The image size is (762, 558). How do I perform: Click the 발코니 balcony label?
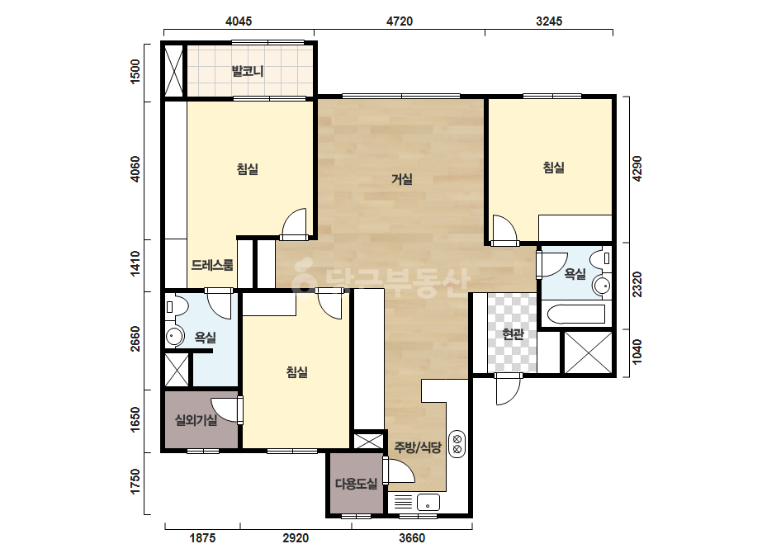[x=248, y=72]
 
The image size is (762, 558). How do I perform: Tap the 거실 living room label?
[x=402, y=179]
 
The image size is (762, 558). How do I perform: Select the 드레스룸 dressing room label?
[x=212, y=265]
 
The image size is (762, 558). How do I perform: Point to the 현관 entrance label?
[x=514, y=334]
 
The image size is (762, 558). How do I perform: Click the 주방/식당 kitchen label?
[x=418, y=447]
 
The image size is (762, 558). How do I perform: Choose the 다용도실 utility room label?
[x=356, y=484]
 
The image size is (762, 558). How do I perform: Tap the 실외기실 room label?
[x=196, y=420]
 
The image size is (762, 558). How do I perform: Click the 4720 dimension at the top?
[x=400, y=21]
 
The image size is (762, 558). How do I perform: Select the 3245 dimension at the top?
[x=549, y=21]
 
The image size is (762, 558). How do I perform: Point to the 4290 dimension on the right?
[x=637, y=168]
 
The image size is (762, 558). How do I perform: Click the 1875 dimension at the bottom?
[x=202, y=538]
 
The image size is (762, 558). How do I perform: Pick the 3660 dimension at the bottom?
[x=412, y=538]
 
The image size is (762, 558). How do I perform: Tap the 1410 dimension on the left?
[x=135, y=263]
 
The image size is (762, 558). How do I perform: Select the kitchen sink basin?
[x=428, y=503]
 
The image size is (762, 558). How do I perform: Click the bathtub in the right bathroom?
[x=576, y=314]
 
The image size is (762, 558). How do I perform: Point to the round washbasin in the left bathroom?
[x=174, y=336]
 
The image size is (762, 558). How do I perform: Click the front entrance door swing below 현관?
[x=509, y=389]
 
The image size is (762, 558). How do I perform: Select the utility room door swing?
[x=399, y=471]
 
